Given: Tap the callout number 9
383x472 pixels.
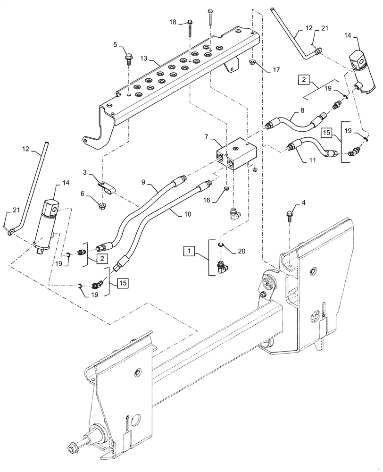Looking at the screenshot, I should pyautogui.click(x=143, y=182).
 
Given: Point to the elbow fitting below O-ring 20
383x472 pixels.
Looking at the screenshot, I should pyautogui.click(x=221, y=269).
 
